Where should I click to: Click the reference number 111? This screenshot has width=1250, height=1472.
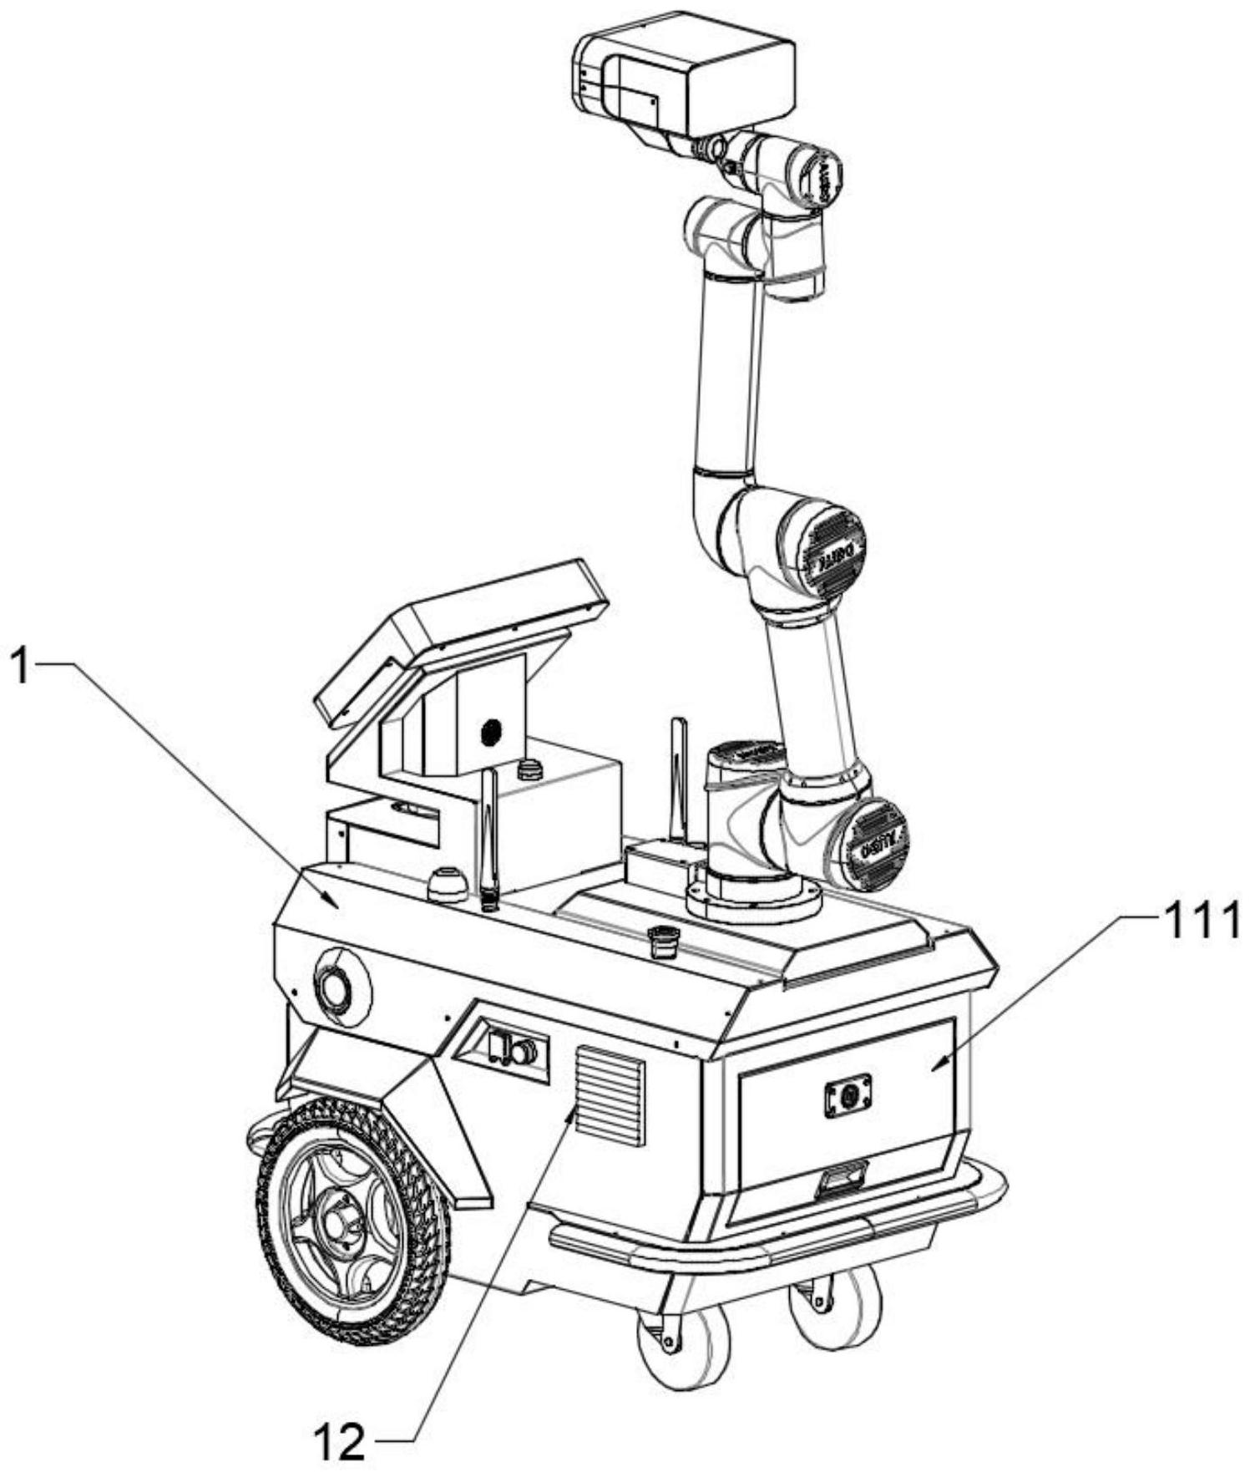pos(1195,924)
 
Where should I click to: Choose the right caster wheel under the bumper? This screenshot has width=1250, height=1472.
pos(835,1307)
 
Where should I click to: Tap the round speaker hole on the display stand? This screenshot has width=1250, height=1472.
pos(491,733)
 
